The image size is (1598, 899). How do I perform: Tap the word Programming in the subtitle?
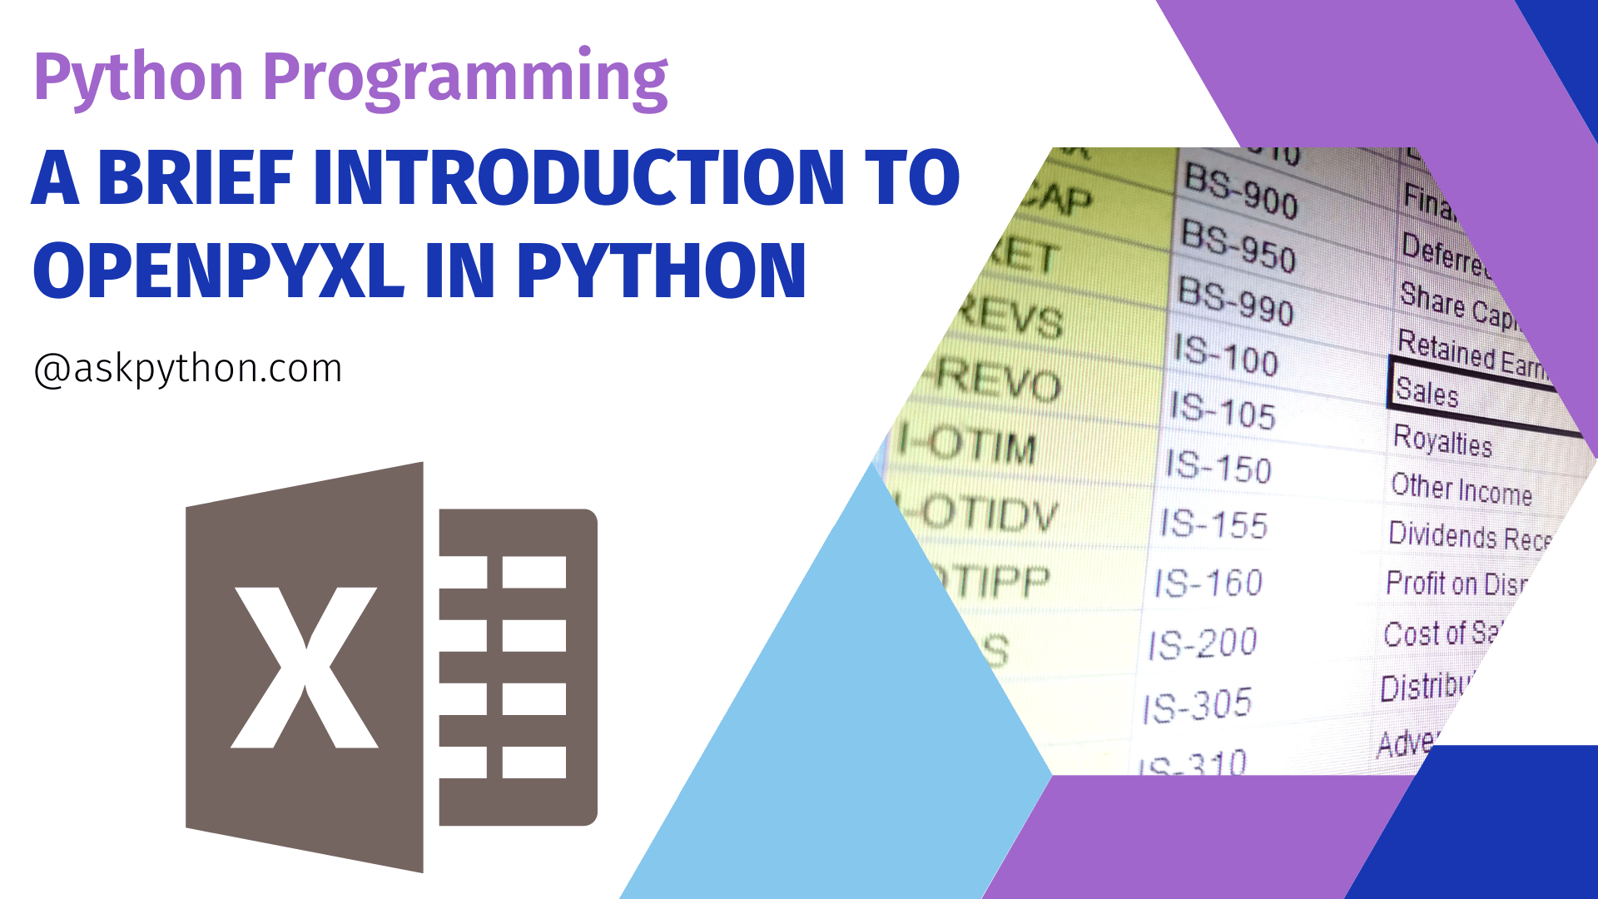465,78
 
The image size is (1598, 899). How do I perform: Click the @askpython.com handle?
188,369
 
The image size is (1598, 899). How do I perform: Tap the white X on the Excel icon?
305,667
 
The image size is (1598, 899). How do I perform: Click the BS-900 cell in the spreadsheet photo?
1240,192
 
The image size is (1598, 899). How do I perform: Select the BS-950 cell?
1238,246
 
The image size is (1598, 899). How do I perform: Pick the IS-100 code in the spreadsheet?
1225,356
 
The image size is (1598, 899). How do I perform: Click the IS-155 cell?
1214,524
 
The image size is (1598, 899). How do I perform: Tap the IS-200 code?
1203,643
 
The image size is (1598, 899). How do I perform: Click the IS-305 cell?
1198,706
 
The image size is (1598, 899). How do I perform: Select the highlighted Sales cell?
1427,391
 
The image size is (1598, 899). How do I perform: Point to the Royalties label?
1442,440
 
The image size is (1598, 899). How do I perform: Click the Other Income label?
1462,489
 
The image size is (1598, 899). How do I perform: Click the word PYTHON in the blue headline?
662,271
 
